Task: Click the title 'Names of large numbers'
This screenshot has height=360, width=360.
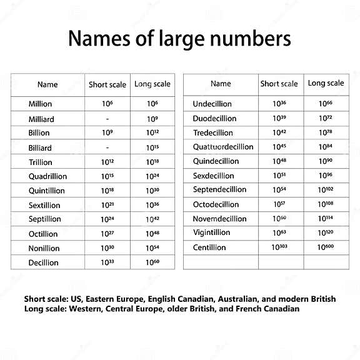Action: point(179,39)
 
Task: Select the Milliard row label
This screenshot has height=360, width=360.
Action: point(41,119)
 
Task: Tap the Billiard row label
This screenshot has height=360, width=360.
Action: point(41,148)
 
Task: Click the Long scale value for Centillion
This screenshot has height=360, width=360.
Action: point(326,247)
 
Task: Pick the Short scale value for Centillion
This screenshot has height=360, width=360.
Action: point(279,247)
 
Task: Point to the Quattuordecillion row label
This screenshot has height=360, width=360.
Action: point(223,147)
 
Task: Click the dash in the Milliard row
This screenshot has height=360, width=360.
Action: point(107,119)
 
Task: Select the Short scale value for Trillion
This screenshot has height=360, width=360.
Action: point(107,162)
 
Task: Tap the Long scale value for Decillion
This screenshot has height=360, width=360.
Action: point(153,262)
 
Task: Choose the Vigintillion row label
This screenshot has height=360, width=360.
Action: point(212,233)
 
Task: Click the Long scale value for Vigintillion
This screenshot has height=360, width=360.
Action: point(326,233)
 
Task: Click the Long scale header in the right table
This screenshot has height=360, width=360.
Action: point(326,83)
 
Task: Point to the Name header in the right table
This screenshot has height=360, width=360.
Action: point(221,84)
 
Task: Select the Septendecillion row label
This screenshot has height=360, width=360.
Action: point(220,190)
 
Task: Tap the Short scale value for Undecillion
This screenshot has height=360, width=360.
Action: point(279,104)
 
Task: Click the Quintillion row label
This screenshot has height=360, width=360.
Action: point(47,191)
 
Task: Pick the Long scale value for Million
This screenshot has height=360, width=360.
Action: point(153,104)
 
